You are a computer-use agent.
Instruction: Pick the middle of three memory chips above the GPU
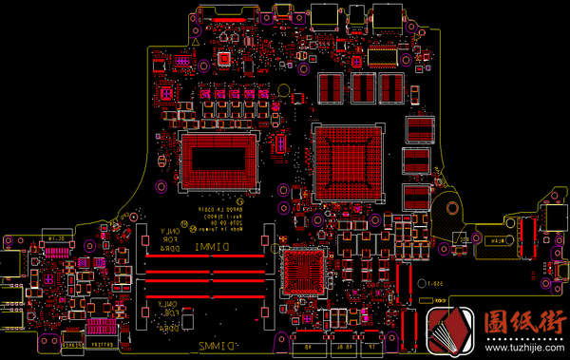pyautogui.click(x=365, y=88)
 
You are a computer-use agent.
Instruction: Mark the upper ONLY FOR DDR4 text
pyautogui.click(x=169, y=234)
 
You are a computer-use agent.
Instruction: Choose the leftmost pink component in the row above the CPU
pyautogui.click(x=203, y=96)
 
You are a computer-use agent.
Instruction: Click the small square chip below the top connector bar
pyautogui.click(x=224, y=59)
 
